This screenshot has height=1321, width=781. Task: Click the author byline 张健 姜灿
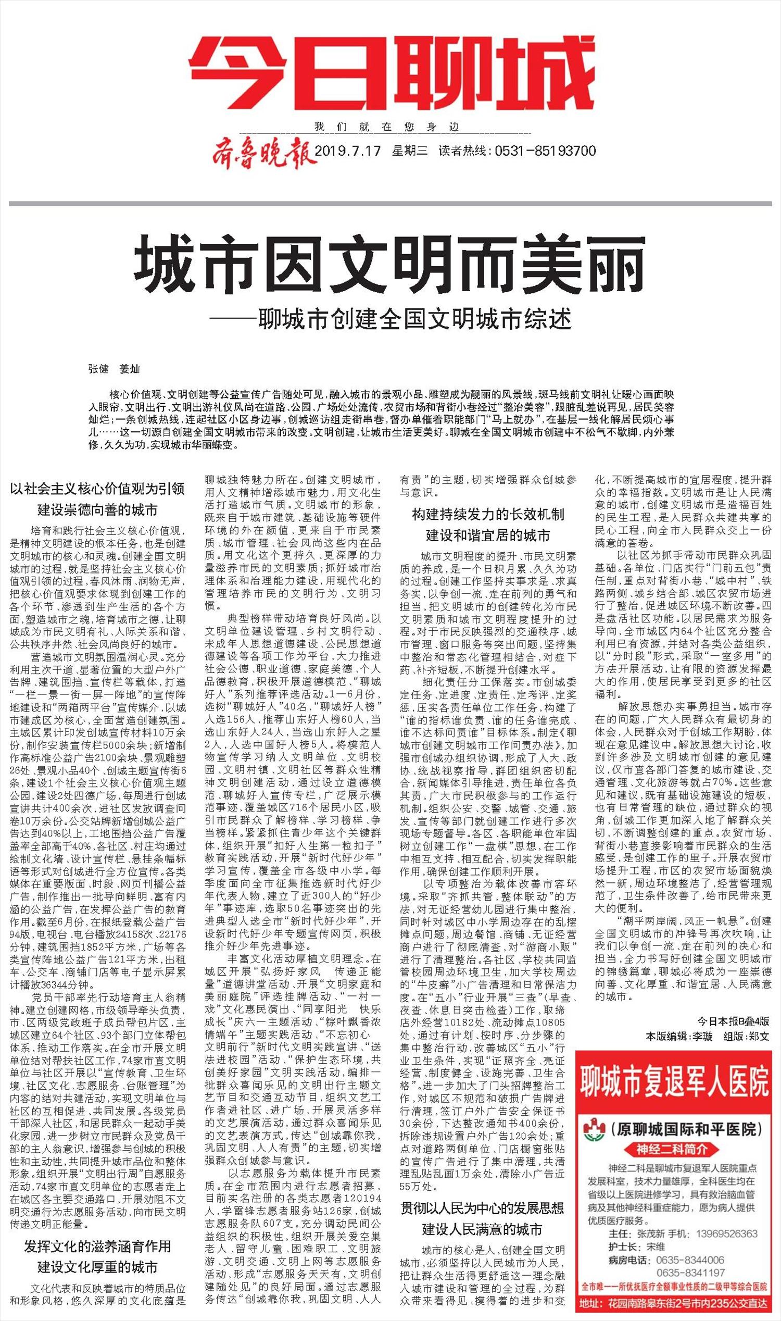click(x=114, y=369)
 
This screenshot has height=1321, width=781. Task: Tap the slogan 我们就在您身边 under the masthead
click(x=387, y=127)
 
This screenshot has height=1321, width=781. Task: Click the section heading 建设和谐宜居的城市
click(x=487, y=536)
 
